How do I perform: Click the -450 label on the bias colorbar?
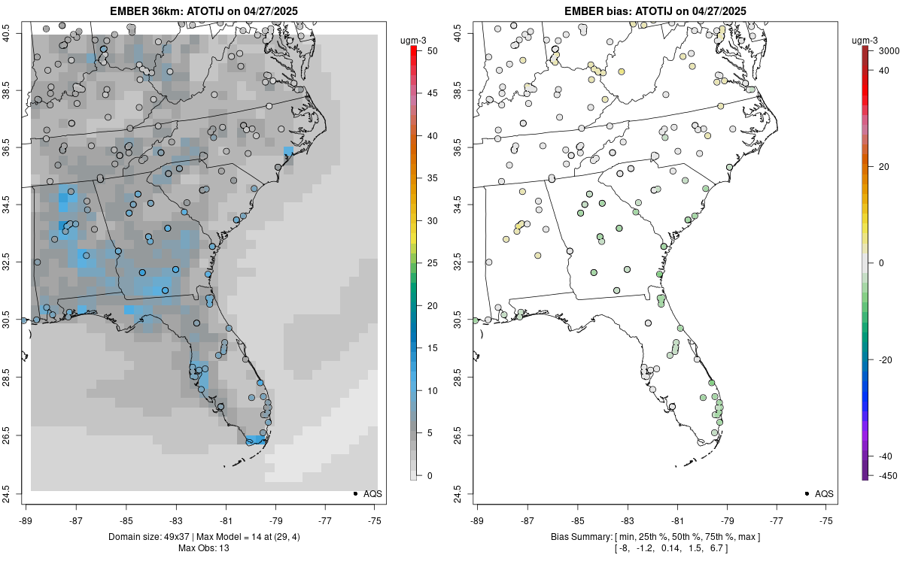click(885, 475)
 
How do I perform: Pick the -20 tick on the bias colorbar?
click(885, 359)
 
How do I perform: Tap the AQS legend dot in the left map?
click(355, 493)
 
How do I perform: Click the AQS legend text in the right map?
click(824, 493)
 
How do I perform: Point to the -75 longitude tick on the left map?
click(375, 520)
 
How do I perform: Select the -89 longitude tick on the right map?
click(478, 520)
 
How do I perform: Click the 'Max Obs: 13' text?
click(204, 548)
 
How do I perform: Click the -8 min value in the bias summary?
click(623, 548)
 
